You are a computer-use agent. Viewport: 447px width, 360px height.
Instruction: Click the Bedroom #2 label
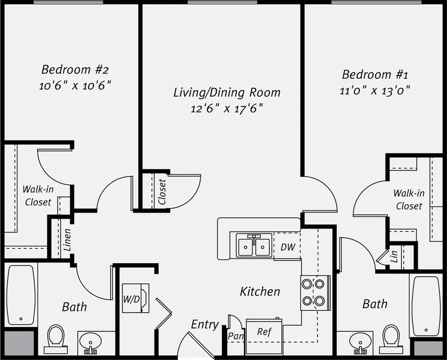(x=75, y=69)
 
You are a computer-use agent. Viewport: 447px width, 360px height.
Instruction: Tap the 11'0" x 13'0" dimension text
(x=375, y=91)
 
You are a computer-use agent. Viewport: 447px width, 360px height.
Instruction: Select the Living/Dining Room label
(x=227, y=93)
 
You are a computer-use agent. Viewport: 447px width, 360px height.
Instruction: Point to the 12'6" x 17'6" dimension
(x=227, y=108)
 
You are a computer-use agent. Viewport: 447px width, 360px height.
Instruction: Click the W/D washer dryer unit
(x=135, y=298)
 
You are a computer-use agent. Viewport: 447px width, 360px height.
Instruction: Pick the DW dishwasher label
(x=288, y=247)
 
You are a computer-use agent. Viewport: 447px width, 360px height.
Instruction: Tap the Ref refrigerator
(x=264, y=336)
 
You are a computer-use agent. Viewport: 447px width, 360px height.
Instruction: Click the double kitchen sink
(x=254, y=245)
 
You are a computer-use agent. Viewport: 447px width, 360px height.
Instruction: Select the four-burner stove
(x=315, y=293)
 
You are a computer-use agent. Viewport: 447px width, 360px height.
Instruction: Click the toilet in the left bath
(x=55, y=340)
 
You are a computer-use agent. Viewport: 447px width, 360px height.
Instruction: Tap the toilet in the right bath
(x=391, y=340)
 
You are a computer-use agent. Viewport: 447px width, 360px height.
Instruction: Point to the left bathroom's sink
(x=90, y=343)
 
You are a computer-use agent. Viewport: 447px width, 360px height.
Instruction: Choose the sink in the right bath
(x=360, y=343)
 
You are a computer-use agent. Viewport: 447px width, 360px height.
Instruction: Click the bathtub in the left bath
(x=21, y=295)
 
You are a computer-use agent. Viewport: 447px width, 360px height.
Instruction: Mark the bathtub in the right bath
(x=426, y=306)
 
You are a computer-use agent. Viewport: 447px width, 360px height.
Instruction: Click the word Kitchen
(x=260, y=292)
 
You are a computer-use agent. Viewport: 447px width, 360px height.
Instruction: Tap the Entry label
(x=205, y=324)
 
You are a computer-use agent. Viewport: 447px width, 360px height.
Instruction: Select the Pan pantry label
(x=236, y=336)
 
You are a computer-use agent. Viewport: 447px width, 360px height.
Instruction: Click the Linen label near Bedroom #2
(x=67, y=240)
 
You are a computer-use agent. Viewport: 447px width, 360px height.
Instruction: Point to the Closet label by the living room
(x=162, y=192)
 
